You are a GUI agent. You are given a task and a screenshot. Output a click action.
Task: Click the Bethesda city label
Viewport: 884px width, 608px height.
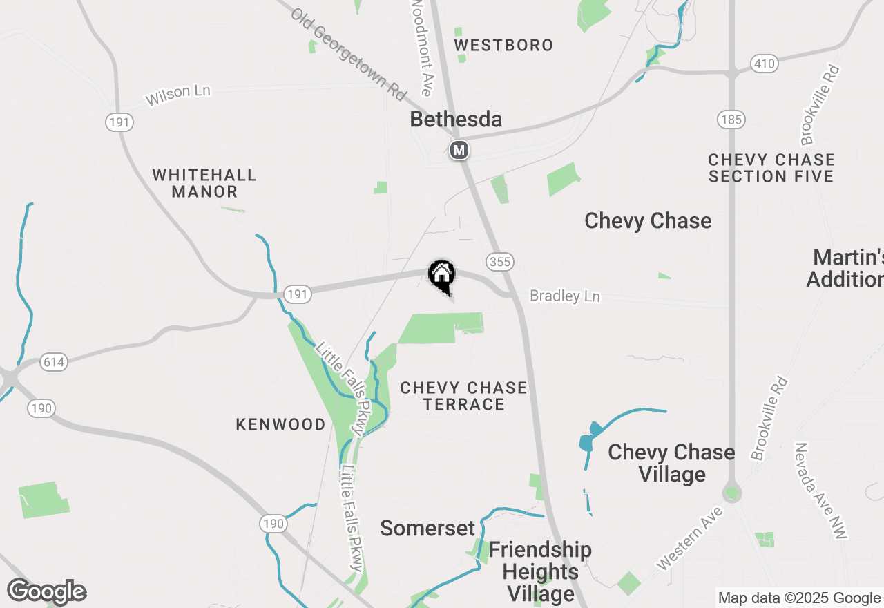pos(456,119)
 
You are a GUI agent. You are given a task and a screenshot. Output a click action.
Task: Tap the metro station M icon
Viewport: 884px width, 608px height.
pos(459,149)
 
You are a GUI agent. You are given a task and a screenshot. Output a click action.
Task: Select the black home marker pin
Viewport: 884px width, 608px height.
pos(442,275)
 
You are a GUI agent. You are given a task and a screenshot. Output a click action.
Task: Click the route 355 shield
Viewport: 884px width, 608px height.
pos(499,262)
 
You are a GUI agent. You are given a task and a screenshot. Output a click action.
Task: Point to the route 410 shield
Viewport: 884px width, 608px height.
pos(765,64)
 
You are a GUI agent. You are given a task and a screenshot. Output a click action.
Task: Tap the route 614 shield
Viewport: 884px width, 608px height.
pos(54,361)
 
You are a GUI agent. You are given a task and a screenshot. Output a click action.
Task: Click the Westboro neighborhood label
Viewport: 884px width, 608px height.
pos(503,46)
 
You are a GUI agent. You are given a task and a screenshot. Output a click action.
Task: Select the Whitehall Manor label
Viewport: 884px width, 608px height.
pos(204,183)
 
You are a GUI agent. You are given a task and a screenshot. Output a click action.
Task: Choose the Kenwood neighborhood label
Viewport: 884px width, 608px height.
pos(280,424)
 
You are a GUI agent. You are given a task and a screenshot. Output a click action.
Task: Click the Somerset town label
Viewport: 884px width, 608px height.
pos(427,529)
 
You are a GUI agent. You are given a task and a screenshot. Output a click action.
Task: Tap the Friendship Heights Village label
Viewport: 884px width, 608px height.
pos(540,571)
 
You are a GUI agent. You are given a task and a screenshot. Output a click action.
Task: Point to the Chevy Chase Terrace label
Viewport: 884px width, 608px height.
pos(463,396)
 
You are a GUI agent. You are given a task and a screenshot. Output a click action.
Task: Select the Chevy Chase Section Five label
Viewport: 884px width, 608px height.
pos(771,168)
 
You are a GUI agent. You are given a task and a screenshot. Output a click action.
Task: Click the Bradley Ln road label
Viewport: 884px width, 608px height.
pos(564,296)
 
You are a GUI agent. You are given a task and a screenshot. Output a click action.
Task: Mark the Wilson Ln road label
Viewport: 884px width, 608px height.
pos(177,95)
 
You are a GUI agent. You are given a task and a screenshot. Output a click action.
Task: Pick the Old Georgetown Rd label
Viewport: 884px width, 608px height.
pos(348,53)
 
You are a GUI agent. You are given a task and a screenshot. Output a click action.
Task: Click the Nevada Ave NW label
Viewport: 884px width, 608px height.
pos(820,491)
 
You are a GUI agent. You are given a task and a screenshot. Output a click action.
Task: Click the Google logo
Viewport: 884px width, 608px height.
pos(46,592)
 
